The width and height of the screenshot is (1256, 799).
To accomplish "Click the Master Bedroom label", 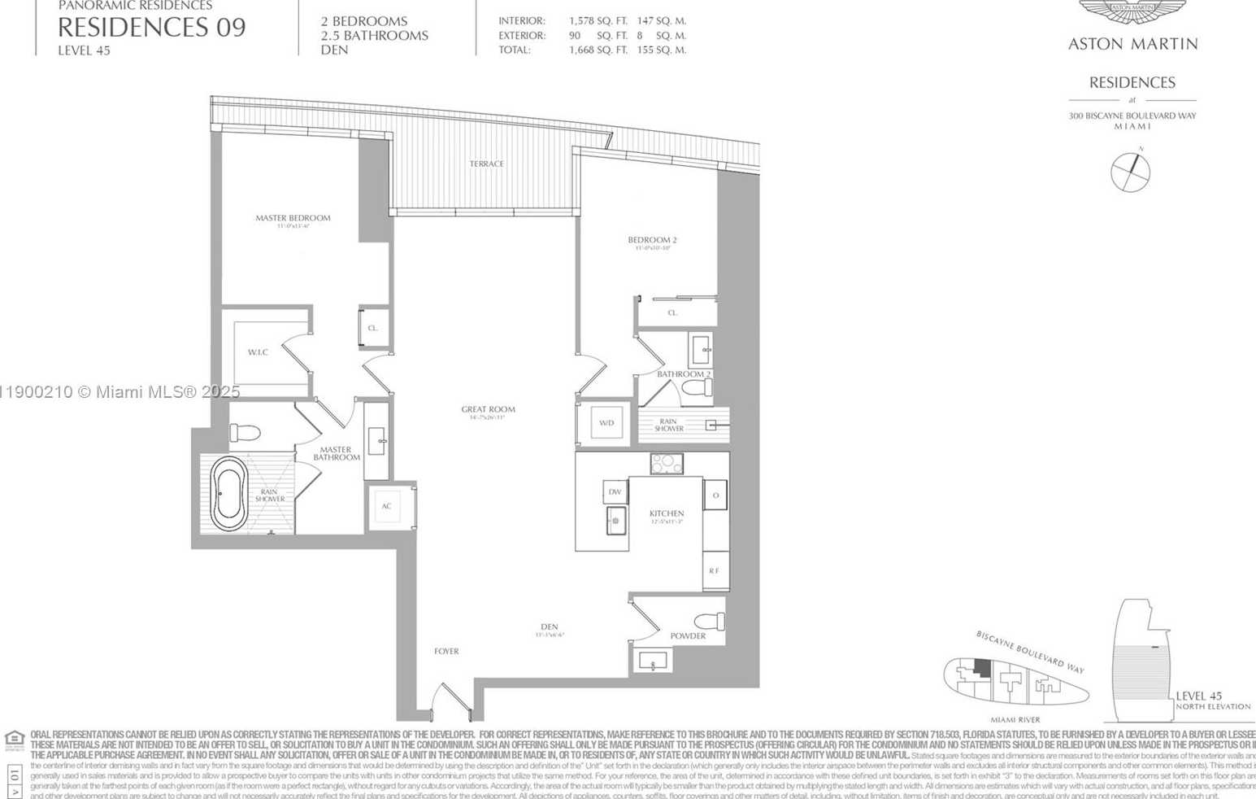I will click(293, 218).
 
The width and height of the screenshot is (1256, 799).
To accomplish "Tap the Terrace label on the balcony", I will click(486, 164).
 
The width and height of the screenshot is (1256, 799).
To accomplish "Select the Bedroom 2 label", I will click(652, 240).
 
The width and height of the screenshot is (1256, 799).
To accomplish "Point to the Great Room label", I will click(488, 410).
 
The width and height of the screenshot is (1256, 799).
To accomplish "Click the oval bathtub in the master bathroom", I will click(228, 493).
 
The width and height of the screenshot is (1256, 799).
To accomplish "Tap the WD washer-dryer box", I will click(606, 423).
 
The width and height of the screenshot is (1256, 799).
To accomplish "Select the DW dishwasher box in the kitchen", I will click(615, 491).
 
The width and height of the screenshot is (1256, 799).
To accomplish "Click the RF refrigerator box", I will click(715, 571).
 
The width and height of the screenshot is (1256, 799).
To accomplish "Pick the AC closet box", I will click(387, 506).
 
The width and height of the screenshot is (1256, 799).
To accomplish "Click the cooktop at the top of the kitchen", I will click(667, 464).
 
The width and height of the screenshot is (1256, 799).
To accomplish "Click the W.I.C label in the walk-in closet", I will click(258, 352).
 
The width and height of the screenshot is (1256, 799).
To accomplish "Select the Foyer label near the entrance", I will click(446, 652).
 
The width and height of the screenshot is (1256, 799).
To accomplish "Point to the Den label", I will click(550, 627).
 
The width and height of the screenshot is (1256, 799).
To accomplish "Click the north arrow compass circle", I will click(1130, 172).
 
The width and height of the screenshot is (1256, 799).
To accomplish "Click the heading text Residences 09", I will click(151, 28).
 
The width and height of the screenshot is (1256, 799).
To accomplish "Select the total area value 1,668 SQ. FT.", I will click(598, 50).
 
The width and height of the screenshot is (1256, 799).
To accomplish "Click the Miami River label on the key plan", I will click(1015, 720).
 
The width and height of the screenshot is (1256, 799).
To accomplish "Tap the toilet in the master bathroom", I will click(244, 433).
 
